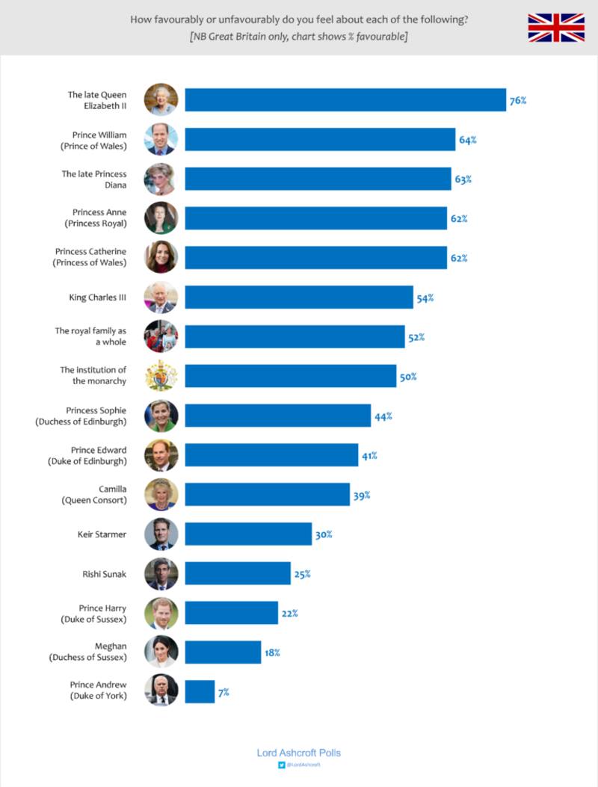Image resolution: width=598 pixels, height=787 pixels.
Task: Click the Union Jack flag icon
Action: (556, 27)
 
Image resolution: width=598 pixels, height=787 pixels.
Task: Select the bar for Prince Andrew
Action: (200, 691)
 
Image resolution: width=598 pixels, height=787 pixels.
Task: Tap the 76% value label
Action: (517, 100)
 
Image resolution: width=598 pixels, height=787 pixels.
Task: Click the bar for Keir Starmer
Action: (248, 534)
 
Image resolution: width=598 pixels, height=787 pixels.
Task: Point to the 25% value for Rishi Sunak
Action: (302, 574)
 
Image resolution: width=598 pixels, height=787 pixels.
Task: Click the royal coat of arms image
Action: (161, 375)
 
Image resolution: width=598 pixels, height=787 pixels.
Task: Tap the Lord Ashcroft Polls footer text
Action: (298, 753)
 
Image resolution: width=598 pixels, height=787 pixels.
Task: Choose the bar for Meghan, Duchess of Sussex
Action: (223, 652)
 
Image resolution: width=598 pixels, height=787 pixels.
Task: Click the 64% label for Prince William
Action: (466, 140)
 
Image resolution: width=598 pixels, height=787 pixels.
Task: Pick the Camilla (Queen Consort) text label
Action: (94, 494)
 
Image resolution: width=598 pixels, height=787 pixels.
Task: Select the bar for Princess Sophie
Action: (277, 416)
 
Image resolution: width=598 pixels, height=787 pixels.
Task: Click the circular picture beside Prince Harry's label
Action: (161, 613)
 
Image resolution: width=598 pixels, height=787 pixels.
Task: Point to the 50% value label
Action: (407, 377)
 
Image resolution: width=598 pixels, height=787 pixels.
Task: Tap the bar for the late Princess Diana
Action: (318, 179)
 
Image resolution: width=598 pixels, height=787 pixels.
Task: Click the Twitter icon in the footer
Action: (281, 765)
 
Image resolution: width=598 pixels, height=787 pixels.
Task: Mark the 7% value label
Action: (224, 693)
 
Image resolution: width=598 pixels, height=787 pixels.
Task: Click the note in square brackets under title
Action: (299, 37)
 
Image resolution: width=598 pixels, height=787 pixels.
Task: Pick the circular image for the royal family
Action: (161, 336)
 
